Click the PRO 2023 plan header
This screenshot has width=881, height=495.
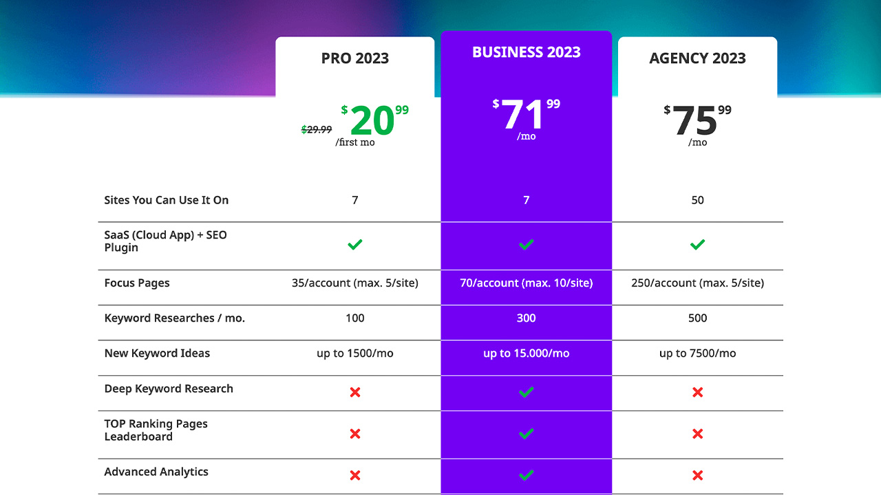[x=354, y=58]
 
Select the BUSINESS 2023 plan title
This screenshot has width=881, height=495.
[x=526, y=52]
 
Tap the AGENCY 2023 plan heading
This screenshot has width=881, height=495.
[x=697, y=58]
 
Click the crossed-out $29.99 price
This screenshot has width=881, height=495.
[x=317, y=129]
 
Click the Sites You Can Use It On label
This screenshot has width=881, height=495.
[x=166, y=200]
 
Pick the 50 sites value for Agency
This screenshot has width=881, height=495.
[x=697, y=200]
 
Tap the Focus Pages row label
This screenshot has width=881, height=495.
[x=136, y=283]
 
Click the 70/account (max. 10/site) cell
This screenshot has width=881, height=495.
[x=526, y=283]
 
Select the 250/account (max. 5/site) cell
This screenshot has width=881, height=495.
[x=697, y=283]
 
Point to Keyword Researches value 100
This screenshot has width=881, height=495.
[x=354, y=318]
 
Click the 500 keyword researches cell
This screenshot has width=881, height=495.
[x=697, y=318]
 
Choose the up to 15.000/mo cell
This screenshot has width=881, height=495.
[x=526, y=353]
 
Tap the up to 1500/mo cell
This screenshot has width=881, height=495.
[x=354, y=353]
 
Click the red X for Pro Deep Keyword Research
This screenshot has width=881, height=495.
[x=354, y=392]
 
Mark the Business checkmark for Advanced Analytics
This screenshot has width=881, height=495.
[x=526, y=474]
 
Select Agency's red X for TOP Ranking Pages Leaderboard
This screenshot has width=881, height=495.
[x=697, y=434]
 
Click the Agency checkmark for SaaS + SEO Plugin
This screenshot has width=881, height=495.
[x=697, y=244]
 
